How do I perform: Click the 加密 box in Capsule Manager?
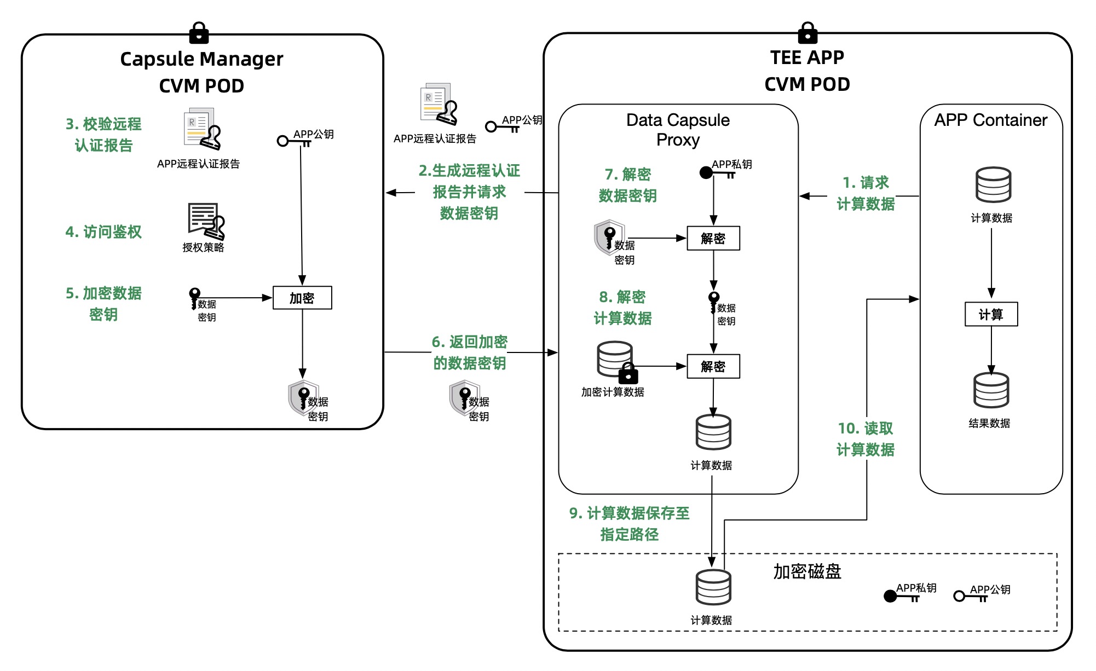302,298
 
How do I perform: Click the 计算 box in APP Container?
991,314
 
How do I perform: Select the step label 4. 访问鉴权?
103,232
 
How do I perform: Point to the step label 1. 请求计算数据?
866,193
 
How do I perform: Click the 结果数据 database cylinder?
991,390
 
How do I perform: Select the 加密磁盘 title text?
807,571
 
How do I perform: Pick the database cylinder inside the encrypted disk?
713,587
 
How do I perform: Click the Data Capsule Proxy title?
678,130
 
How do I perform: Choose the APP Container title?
990,120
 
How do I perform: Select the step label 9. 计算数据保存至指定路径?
629,524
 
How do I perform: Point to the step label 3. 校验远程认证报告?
103,135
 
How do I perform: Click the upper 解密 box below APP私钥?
713,238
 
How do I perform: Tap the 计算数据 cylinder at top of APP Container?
993,185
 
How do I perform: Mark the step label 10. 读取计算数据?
866,439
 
